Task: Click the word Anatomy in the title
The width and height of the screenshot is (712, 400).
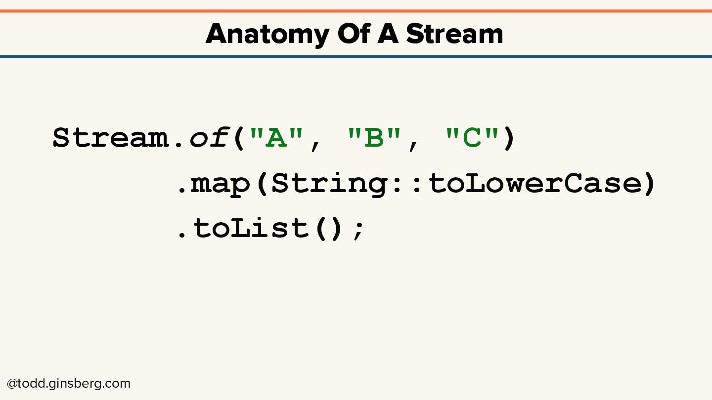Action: [267, 35]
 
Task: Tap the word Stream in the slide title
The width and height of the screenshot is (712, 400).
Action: [454, 34]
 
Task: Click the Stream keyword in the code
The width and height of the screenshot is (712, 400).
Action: [110, 138]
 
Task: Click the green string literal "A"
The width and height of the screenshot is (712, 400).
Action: [276, 138]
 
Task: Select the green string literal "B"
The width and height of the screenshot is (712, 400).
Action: [374, 138]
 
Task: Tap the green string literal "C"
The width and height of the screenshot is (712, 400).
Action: [472, 138]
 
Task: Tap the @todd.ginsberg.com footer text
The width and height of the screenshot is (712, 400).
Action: [69, 384]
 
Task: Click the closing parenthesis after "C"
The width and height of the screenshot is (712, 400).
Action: [509, 138]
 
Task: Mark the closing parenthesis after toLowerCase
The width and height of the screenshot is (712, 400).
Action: [649, 184]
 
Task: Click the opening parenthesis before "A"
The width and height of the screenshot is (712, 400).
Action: [239, 138]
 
